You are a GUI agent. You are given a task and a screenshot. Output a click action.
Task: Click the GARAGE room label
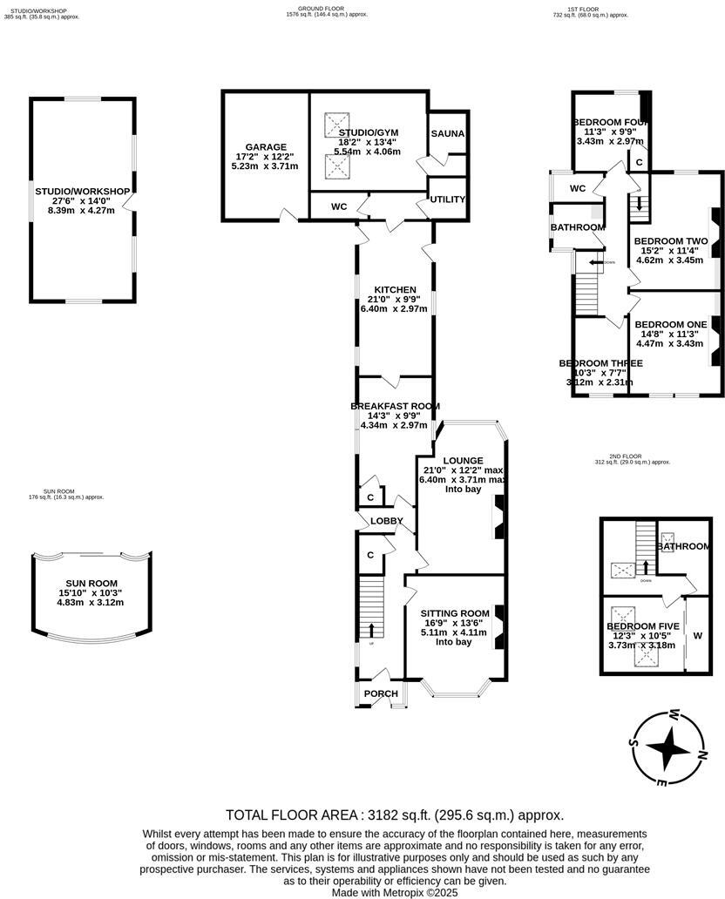tap(266, 147)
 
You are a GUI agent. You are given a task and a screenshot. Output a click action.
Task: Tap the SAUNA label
tap(447, 133)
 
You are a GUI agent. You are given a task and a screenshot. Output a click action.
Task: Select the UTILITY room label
tap(447, 199)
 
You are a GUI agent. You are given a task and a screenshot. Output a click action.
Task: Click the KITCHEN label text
tap(395, 290)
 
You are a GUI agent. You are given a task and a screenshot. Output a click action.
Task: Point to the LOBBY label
tap(387, 521)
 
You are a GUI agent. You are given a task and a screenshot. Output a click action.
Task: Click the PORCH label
tap(381, 694)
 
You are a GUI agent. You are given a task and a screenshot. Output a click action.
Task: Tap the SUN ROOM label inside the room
tap(91, 584)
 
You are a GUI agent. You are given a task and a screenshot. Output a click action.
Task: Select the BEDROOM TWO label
tap(670, 240)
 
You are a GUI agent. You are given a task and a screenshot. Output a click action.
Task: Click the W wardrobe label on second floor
tap(697, 636)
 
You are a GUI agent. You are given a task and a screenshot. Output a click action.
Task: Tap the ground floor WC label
tap(339, 207)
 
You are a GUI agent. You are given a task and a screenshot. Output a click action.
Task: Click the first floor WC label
tap(577, 188)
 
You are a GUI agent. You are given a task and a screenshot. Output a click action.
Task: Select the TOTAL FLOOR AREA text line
tap(395, 815)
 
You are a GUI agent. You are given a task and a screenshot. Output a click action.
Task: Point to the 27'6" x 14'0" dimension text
tap(82, 200)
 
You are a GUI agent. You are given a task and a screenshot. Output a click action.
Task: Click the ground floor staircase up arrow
tap(372, 630)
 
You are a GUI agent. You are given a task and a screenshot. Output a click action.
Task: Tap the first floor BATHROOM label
tap(577, 227)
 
